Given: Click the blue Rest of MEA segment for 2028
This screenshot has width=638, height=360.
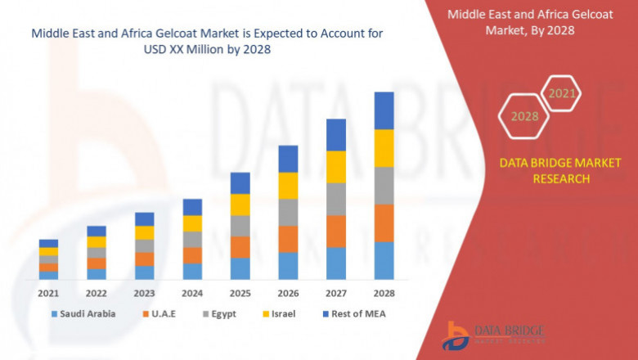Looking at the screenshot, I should tap(384, 110).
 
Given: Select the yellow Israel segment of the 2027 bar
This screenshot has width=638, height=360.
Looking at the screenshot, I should tap(336, 167).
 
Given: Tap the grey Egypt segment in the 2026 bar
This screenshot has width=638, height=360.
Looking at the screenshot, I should tap(288, 212).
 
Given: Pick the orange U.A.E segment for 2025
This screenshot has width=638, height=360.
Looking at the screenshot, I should tap(240, 247).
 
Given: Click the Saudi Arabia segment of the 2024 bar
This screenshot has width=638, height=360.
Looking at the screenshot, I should tap(192, 271).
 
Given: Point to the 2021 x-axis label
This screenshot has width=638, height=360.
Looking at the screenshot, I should tap(48, 292).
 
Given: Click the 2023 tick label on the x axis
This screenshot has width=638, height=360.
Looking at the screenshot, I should tap(144, 292).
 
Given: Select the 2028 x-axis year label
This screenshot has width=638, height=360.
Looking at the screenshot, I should tap(384, 292).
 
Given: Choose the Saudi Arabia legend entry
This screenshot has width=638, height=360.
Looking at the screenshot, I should tap(83, 313).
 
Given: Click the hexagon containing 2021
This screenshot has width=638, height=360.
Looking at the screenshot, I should tap(561, 93).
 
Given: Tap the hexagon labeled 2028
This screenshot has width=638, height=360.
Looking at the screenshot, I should tap(524, 116).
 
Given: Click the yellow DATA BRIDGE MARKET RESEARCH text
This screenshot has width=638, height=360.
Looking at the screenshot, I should tap(560, 171).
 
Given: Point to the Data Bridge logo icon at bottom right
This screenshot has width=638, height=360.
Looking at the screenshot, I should tap(455, 335).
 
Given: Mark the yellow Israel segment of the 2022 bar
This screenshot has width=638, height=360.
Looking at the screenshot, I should tap(97, 242).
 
